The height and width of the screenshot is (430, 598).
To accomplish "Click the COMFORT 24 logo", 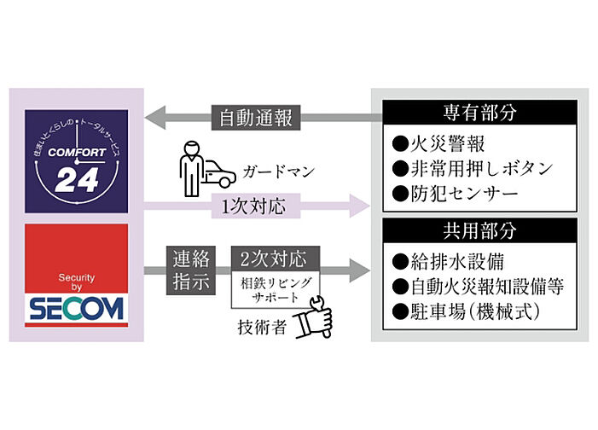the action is coord(76,161).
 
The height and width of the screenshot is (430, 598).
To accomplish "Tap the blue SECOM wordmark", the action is coord(76,309).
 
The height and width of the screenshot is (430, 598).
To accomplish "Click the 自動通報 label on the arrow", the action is coord(256,118).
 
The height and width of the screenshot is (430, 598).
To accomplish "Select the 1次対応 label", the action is coord(256,206).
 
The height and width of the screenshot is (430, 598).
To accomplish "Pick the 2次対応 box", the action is coord(276,259).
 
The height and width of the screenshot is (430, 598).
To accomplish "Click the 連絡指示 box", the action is coord(191,270).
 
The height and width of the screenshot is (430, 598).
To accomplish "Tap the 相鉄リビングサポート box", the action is coord(276,289).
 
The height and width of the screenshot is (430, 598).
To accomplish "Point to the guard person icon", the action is coord(191,169).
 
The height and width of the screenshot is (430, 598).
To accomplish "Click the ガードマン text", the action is coord(279,171).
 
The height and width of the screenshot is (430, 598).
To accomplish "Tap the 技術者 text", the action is coord(262,328).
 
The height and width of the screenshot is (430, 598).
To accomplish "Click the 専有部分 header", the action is coord(479,113).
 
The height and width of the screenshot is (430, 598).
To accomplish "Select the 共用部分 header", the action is coord(479,230).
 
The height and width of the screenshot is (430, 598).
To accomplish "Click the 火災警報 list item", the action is coord(438,144).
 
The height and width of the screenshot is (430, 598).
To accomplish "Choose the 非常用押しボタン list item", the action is coord(473,168).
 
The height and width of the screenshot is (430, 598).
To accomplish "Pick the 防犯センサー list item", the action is coord(456,194).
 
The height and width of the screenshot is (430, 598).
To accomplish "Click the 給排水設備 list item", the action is coord(448,262).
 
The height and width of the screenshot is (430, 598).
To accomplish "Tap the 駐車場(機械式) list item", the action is coord(466,311).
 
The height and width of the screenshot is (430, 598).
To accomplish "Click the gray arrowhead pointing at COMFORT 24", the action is coord(155,118).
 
